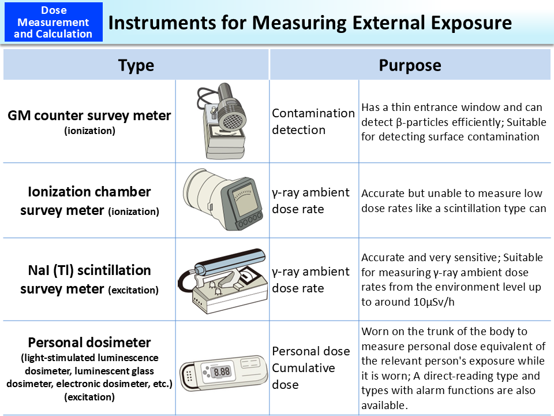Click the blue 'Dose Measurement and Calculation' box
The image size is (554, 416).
[x=53, y=22]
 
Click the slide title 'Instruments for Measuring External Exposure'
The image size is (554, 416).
[x=310, y=23]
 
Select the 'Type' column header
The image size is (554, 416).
[x=136, y=65]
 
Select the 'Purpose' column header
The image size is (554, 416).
[x=410, y=65]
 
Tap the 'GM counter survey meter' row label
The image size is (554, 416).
[x=89, y=116]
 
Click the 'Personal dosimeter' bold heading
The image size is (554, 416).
[x=89, y=342]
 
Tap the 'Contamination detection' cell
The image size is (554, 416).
[x=313, y=121]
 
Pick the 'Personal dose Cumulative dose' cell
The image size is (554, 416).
[x=311, y=367]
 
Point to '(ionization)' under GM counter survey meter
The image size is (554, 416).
[x=89, y=131]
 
